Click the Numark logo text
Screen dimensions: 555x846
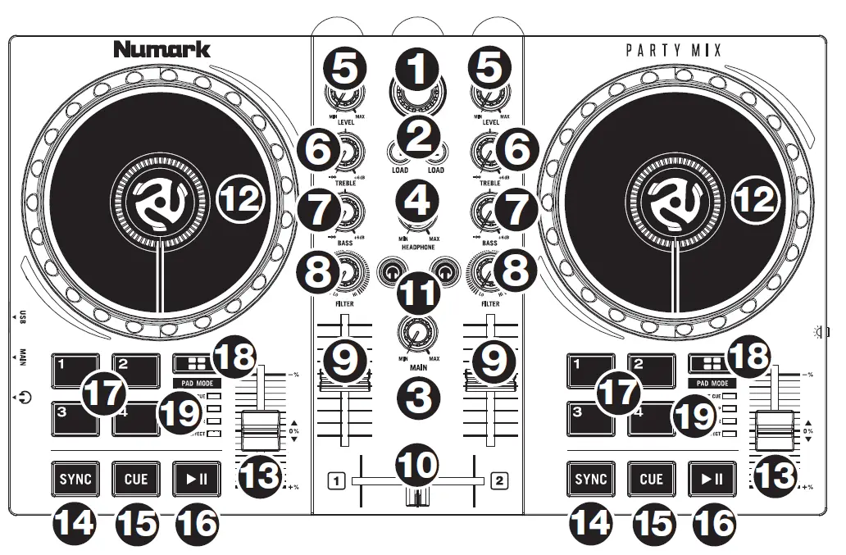point(161,49)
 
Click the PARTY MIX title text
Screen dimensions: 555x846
point(674,51)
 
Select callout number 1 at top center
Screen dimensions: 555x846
point(418,71)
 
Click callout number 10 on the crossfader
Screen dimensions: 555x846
point(418,465)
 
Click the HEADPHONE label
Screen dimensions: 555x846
point(418,247)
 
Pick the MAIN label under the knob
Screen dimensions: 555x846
point(418,368)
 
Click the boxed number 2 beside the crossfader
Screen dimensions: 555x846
point(498,481)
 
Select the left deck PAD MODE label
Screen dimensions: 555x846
point(197,383)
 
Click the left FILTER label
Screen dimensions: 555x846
point(345,303)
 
